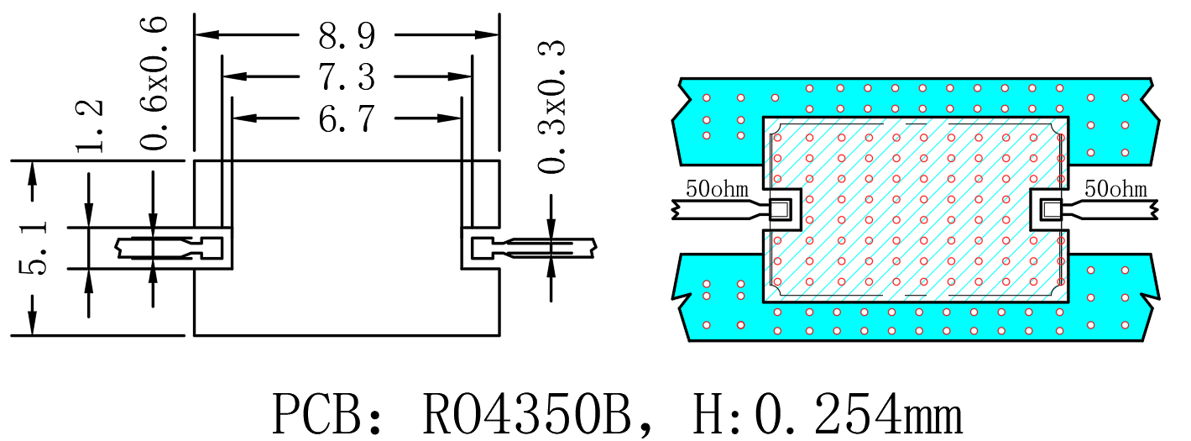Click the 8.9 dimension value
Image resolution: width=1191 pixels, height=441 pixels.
coord(347,36)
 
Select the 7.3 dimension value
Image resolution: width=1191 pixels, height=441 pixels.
coord(347,77)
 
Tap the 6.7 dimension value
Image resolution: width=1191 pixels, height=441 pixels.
coord(347,118)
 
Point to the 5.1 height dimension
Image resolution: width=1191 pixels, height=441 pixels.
coord(33,249)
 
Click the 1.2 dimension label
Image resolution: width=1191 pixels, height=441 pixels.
coord(89,126)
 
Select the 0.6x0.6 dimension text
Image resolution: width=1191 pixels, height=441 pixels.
coord(154,83)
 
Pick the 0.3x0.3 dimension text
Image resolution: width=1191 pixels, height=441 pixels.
coord(551,107)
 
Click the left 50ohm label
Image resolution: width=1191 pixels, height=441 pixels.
coord(717,189)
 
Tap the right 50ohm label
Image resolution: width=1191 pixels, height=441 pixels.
coord(1115,189)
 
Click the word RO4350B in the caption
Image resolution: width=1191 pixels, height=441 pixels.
coord(527,413)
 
